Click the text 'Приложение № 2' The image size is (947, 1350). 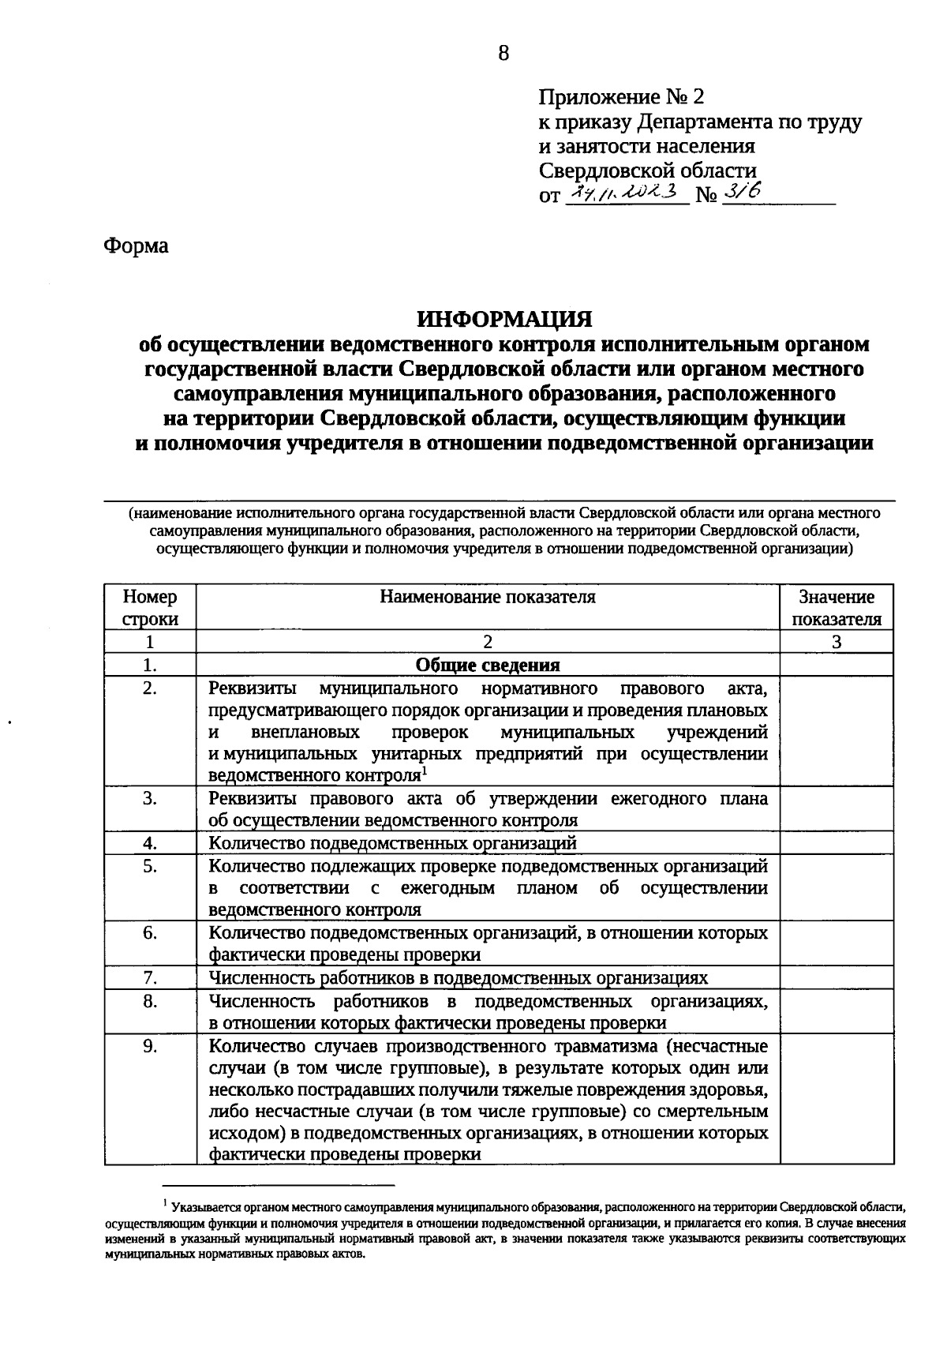point(620,97)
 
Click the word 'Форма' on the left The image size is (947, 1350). point(136,246)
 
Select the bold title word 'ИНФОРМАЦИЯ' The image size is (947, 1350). point(504,319)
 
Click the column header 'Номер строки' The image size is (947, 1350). point(150,607)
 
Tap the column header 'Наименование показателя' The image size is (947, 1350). point(488,597)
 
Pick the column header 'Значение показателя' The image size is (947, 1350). point(837,607)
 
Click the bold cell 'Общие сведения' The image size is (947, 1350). point(488,665)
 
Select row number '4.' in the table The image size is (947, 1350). point(150,843)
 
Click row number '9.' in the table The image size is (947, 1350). point(150,1047)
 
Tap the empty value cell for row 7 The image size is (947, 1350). point(837,978)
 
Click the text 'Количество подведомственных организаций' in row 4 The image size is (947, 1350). point(392,843)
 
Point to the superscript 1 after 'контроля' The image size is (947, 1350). point(424,770)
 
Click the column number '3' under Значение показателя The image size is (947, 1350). point(837,642)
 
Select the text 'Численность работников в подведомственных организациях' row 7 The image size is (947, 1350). point(458,978)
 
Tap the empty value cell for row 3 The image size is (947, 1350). point(837,809)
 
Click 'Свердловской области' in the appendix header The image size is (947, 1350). point(647,171)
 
